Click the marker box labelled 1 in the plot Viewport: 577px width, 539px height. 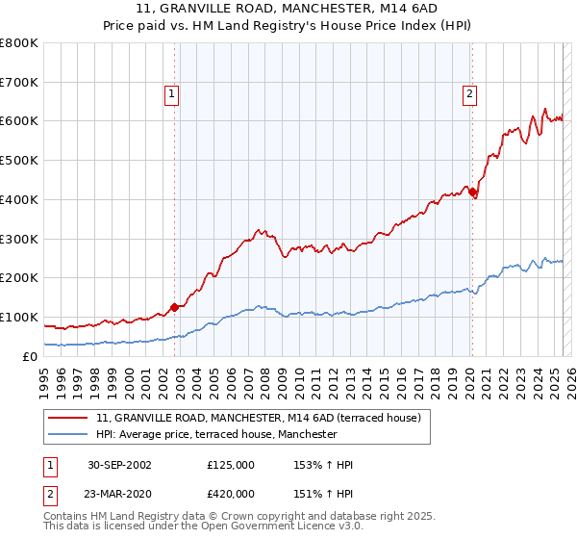click(170, 94)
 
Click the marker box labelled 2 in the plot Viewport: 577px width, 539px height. click(468, 94)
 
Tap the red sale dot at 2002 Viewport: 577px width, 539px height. click(175, 308)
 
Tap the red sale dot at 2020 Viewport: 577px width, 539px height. click(472, 192)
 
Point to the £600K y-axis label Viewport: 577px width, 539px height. click(19, 121)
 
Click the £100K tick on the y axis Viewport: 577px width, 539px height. click(19, 317)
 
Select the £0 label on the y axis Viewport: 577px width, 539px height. click(31, 356)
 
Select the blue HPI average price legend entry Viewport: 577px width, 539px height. click(216, 435)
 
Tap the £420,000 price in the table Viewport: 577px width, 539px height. click(231, 492)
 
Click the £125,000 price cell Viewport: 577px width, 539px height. click(231, 465)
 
